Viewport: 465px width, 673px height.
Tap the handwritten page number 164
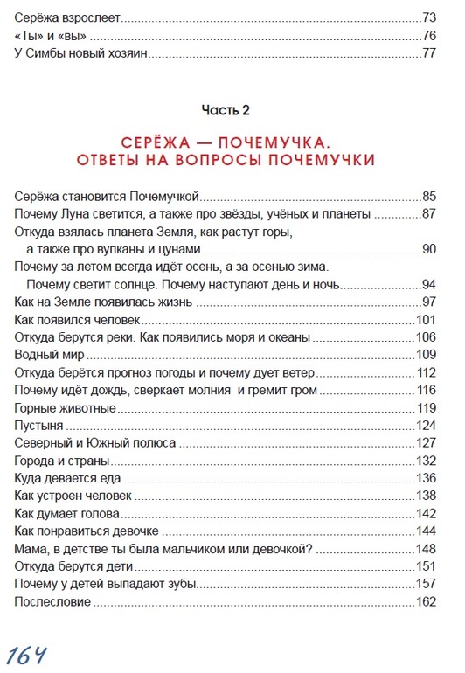[x=28, y=653]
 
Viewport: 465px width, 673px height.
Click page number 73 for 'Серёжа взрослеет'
[x=427, y=17]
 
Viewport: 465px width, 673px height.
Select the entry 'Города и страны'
[x=62, y=461]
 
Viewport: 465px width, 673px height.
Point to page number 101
[x=425, y=319]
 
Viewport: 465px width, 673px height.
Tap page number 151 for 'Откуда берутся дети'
[x=425, y=566]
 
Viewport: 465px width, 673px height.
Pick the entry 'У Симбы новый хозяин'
[x=80, y=53]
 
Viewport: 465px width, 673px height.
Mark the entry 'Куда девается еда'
[x=68, y=478]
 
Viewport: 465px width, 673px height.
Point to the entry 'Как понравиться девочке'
[x=86, y=531]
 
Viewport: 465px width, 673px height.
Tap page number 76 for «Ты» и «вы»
[x=427, y=36]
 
